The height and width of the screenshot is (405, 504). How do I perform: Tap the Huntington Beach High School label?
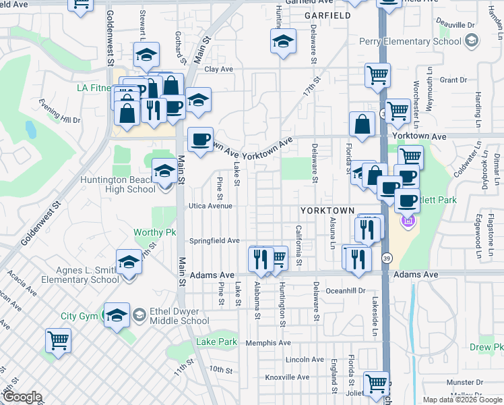pyautogui.click(x=118, y=184)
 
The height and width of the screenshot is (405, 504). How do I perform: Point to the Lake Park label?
pyautogui.click(x=216, y=342)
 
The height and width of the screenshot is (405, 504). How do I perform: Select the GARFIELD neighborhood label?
pyautogui.click(x=327, y=15)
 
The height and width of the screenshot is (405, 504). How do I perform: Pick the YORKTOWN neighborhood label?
pyautogui.click(x=327, y=211)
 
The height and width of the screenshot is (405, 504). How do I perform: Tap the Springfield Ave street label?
pyautogui.click(x=214, y=240)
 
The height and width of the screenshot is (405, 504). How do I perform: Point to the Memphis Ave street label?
pyautogui.click(x=268, y=343)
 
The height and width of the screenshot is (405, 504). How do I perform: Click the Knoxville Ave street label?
pyautogui.click(x=287, y=377)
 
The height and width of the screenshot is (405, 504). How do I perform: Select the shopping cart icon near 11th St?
pyautogui.click(x=58, y=341)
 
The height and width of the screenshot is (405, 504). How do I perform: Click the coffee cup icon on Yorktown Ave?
pyautogui.click(x=199, y=140)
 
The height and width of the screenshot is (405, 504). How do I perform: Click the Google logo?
pyautogui.click(x=22, y=397)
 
